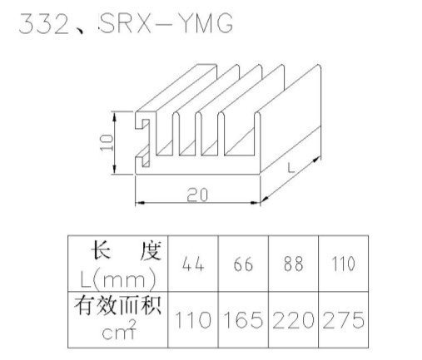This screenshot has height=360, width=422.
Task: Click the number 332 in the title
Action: pyautogui.click(x=44, y=23)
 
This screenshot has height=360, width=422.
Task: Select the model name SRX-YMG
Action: pyautogui.click(x=166, y=23)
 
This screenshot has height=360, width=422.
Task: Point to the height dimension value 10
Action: pyautogui.click(x=107, y=142)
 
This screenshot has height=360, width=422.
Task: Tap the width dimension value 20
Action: pyautogui.click(x=197, y=195)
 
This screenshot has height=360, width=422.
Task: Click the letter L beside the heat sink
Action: pyautogui.click(x=290, y=167)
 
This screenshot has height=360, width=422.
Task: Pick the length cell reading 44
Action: pyautogui.click(x=193, y=264)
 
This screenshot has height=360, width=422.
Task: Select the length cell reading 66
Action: pyautogui.click(x=243, y=264)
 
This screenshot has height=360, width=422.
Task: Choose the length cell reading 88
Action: pyautogui.click(x=293, y=264)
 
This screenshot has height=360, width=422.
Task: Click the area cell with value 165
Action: pyautogui.click(x=243, y=320)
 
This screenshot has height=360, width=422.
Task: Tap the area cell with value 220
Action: pyautogui.click(x=293, y=320)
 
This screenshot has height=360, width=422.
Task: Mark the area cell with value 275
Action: pyautogui.click(x=344, y=320)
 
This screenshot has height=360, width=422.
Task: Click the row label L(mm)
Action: pyautogui.click(x=118, y=278)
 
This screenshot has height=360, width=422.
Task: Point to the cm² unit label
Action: pyautogui.click(x=119, y=330)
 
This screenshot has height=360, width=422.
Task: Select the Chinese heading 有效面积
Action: pyautogui.click(x=117, y=305)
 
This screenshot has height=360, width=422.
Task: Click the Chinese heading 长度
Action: pyautogui.click(x=127, y=251)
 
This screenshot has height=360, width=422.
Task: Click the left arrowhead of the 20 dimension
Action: pyautogui.click(x=140, y=203)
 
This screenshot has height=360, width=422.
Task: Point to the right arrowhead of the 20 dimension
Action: pyautogui.click(x=255, y=203)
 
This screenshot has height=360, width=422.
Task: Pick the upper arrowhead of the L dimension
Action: pyautogui.click(x=317, y=160)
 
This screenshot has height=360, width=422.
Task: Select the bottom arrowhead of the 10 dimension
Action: pyautogui.click(x=114, y=169)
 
